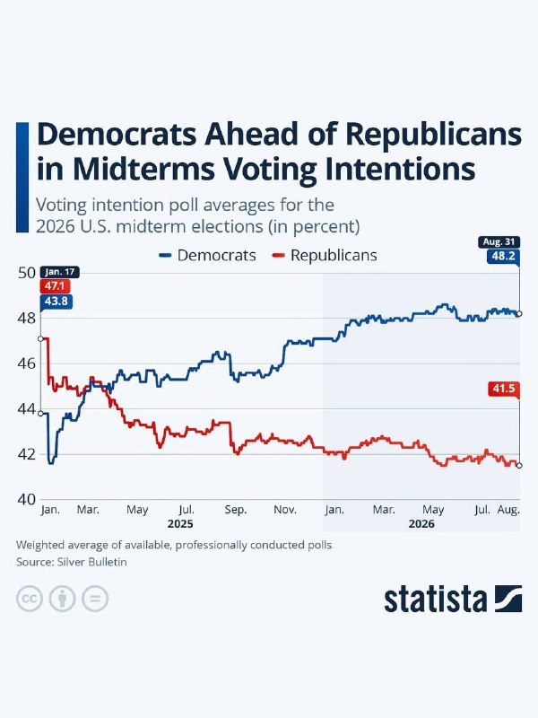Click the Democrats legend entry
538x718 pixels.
(207, 255)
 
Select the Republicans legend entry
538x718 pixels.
(325, 255)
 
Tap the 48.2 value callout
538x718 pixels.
(503, 256)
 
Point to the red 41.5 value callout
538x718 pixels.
(504, 389)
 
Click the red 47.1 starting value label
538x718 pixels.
(55, 286)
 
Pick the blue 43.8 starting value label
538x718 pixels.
(56, 302)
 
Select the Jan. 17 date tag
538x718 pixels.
(60, 272)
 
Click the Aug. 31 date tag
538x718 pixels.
(499, 241)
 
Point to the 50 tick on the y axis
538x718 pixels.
(27, 273)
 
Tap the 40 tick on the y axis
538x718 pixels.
(27, 499)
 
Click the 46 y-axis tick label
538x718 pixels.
(27, 363)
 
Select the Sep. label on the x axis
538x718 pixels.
(236, 510)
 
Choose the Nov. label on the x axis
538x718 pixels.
(285, 510)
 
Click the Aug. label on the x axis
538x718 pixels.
(508, 510)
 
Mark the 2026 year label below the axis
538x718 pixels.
(421, 524)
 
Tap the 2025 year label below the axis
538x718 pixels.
(180, 524)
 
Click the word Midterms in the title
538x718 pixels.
(143, 169)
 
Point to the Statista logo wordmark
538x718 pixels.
(435, 599)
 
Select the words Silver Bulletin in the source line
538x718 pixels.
(92, 562)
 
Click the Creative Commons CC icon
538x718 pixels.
(30, 599)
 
